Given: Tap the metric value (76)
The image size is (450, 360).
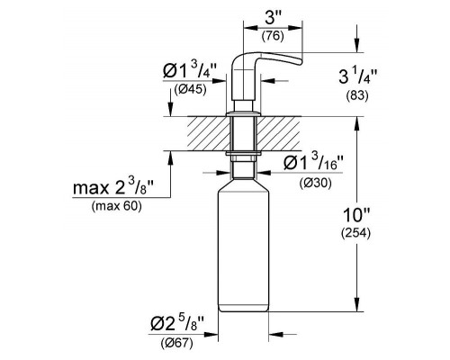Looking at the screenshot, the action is (273, 36).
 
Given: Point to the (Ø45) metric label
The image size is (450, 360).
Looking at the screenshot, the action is (190, 89).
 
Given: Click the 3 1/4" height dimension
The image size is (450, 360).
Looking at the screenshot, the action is (357, 76).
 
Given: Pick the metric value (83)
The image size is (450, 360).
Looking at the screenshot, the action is (357, 95).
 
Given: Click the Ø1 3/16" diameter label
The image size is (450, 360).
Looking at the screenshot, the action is (313, 162).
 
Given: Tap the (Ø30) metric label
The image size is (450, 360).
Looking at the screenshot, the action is (315, 183).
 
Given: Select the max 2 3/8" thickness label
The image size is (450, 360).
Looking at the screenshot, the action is (113, 187).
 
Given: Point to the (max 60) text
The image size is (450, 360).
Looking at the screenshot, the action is (116, 206).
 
